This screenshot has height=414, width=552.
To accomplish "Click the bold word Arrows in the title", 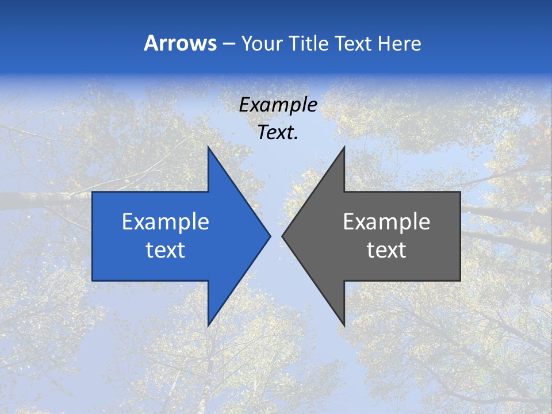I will click(180, 43).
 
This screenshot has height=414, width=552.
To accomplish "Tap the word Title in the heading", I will click(309, 43).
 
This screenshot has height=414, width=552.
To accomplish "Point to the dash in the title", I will click(228, 44).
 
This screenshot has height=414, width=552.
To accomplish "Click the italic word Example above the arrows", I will click(278, 105).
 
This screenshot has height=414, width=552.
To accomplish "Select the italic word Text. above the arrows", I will click(278, 132).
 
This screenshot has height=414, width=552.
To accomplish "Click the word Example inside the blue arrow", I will click(166, 221).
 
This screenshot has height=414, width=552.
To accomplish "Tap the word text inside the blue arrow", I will click(166, 250).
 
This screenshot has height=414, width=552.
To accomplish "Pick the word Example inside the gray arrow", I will click(386, 221).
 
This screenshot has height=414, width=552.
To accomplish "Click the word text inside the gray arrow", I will click(386, 250).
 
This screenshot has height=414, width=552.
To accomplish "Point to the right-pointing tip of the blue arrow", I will click(270, 236).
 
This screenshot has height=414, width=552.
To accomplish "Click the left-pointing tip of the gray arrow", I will click(283, 236).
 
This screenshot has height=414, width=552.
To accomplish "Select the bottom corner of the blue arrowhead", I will click(208, 325).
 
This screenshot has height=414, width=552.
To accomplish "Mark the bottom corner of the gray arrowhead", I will click(344, 325).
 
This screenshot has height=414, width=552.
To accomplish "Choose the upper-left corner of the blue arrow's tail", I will click(93, 192).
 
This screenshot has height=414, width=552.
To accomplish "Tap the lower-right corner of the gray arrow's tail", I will click(460, 280).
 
